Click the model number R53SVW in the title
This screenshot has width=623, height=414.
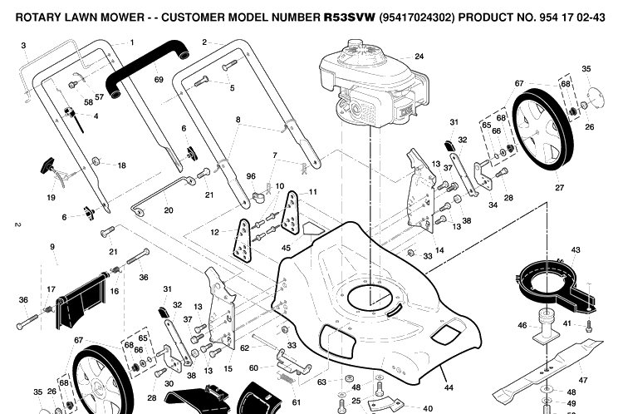350,17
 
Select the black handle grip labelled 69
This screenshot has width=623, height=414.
147,68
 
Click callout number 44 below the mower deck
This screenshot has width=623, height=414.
449,387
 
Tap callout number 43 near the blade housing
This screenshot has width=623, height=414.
576,249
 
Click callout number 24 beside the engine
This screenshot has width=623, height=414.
419,57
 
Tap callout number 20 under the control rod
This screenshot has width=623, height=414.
169,210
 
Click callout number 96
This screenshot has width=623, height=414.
251,176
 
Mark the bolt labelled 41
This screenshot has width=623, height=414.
589,325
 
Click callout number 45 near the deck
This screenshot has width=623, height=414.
286,248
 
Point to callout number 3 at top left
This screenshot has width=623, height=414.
23,46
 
